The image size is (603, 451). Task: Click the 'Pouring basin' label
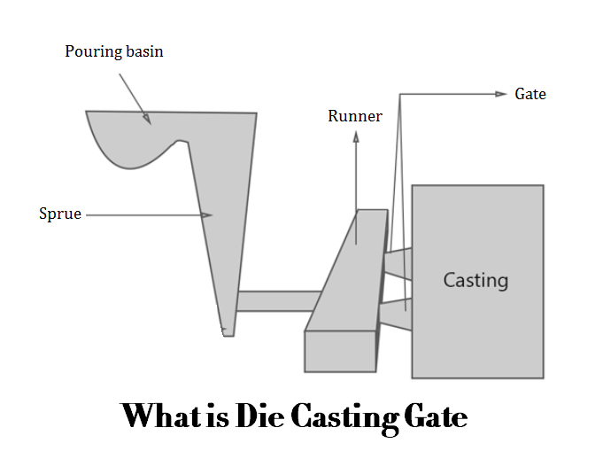tap(114, 51)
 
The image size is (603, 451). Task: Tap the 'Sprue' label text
tap(60, 214)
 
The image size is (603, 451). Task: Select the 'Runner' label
tap(355, 116)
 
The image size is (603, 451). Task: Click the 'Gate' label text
tap(530, 93)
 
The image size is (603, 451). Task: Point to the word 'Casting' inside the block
tap(475, 281)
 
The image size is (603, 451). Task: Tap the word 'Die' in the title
tap(264, 415)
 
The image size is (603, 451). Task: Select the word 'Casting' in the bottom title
tap(349, 416)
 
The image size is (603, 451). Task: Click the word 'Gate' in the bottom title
tap(436, 415)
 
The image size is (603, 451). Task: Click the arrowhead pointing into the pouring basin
tap(146, 118)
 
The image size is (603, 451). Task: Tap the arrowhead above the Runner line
tap(356, 137)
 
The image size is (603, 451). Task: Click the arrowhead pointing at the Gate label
tap(501, 93)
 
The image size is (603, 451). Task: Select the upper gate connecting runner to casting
tap(399, 263)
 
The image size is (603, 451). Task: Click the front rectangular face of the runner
tap(340, 351)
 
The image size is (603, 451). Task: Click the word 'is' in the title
tap(220, 415)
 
